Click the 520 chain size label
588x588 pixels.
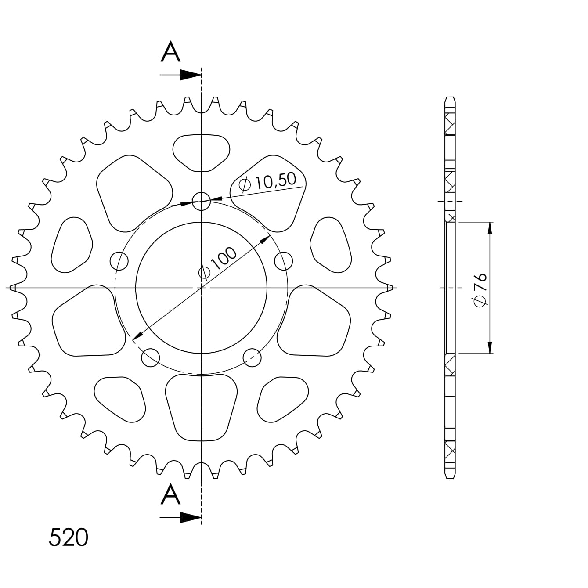click(x=69, y=538)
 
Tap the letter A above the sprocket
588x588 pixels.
click(x=171, y=52)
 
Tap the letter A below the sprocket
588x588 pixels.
click(x=171, y=495)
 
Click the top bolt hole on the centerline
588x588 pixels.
click(x=201, y=202)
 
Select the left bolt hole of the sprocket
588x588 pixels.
click(x=119, y=261)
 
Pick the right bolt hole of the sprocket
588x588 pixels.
click(x=283, y=261)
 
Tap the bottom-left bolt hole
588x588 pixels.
click(x=151, y=357)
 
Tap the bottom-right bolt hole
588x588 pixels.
click(x=252, y=357)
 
